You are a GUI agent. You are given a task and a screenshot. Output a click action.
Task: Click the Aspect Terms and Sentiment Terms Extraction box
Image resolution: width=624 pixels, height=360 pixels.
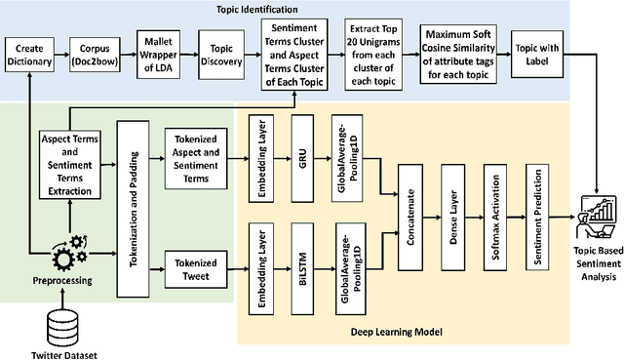click(66, 162)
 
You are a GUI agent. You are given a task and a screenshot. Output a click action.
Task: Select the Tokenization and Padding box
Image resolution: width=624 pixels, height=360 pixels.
click(136, 194)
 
